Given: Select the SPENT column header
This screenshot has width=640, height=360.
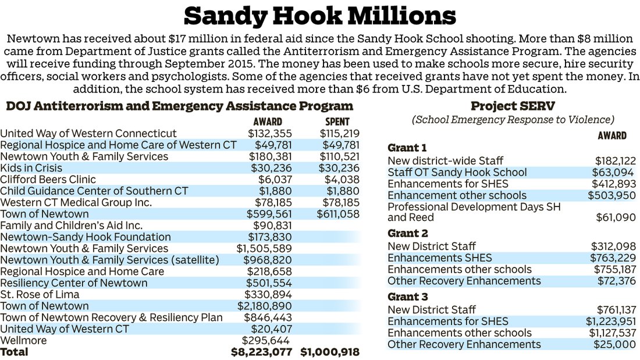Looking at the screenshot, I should tap(335, 122).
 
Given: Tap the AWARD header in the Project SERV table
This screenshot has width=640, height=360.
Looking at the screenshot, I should tap(612, 136).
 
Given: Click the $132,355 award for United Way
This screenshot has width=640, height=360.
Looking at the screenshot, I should tap(270, 134).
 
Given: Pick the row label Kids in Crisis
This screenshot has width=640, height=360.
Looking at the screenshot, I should tap(31, 168).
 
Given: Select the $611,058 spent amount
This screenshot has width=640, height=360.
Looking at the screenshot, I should tap(338, 214).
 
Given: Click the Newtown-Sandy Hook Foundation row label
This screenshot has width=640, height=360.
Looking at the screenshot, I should tap(86, 237).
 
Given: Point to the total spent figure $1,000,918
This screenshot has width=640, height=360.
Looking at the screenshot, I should tap(330, 352).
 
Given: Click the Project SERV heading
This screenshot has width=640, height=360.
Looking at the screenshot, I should tap(512, 106).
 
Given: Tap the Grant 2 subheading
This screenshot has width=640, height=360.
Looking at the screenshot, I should tap(408, 234).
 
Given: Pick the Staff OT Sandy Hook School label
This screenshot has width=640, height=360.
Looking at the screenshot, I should tap(457, 172).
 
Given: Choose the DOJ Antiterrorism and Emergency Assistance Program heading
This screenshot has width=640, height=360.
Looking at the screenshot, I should tap(179, 106).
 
